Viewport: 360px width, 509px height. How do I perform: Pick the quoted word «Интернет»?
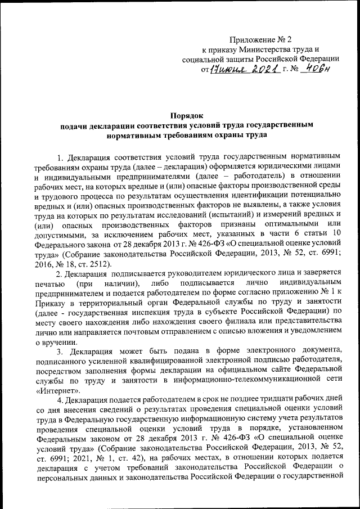pyautogui.click(x=57, y=389)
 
